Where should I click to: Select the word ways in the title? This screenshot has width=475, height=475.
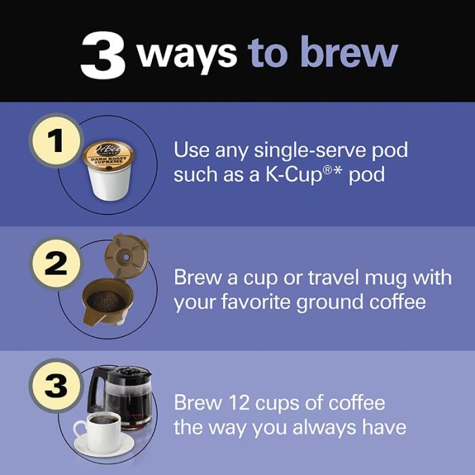(x=186, y=53)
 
